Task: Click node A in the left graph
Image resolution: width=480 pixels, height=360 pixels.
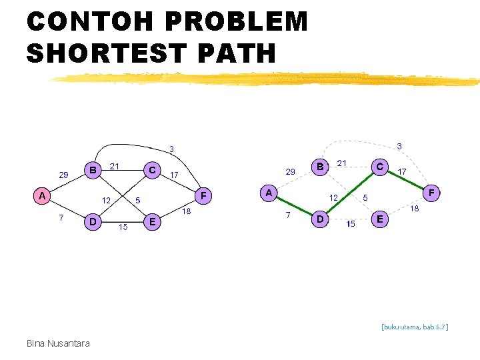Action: click(x=42, y=196)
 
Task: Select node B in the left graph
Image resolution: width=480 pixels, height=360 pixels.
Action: click(x=93, y=170)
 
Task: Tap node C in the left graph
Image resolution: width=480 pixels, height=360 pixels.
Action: click(x=153, y=170)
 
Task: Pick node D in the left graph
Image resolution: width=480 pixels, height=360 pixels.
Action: click(x=93, y=221)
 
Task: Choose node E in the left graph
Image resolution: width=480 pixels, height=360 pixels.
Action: click(x=153, y=221)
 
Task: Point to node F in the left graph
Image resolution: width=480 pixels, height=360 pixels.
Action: click(x=204, y=196)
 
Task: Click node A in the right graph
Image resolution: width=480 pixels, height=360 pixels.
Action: click(x=269, y=193)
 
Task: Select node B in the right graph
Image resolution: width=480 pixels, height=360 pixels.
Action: click(x=320, y=166)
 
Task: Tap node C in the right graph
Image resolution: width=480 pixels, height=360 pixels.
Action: click(x=379, y=166)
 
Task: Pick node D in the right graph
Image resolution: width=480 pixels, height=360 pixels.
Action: click(x=320, y=218)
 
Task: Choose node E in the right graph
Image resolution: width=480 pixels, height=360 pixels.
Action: click(x=379, y=218)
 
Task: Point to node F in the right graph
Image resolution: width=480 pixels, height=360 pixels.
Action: click(x=431, y=193)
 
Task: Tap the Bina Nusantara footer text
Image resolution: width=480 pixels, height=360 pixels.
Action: click(x=58, y=343)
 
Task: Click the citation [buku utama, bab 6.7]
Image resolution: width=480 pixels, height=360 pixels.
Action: click(x=415, y=327)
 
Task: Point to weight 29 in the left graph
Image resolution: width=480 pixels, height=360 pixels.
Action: click(x=63, y=175)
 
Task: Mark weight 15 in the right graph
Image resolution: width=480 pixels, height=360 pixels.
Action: click(x=351, y=224)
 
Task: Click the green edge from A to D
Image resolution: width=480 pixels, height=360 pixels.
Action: click(x=294, y=205)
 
